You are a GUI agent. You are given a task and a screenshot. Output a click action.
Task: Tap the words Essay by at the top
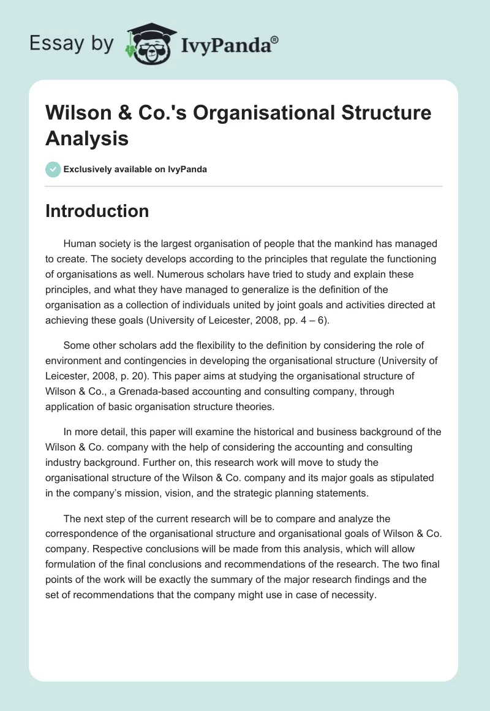point(71,44)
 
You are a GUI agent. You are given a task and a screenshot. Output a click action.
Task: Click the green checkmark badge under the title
point(53,169)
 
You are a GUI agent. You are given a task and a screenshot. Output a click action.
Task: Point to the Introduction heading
point(97,211)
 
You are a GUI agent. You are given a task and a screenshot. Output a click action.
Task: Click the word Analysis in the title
point(86,138)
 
